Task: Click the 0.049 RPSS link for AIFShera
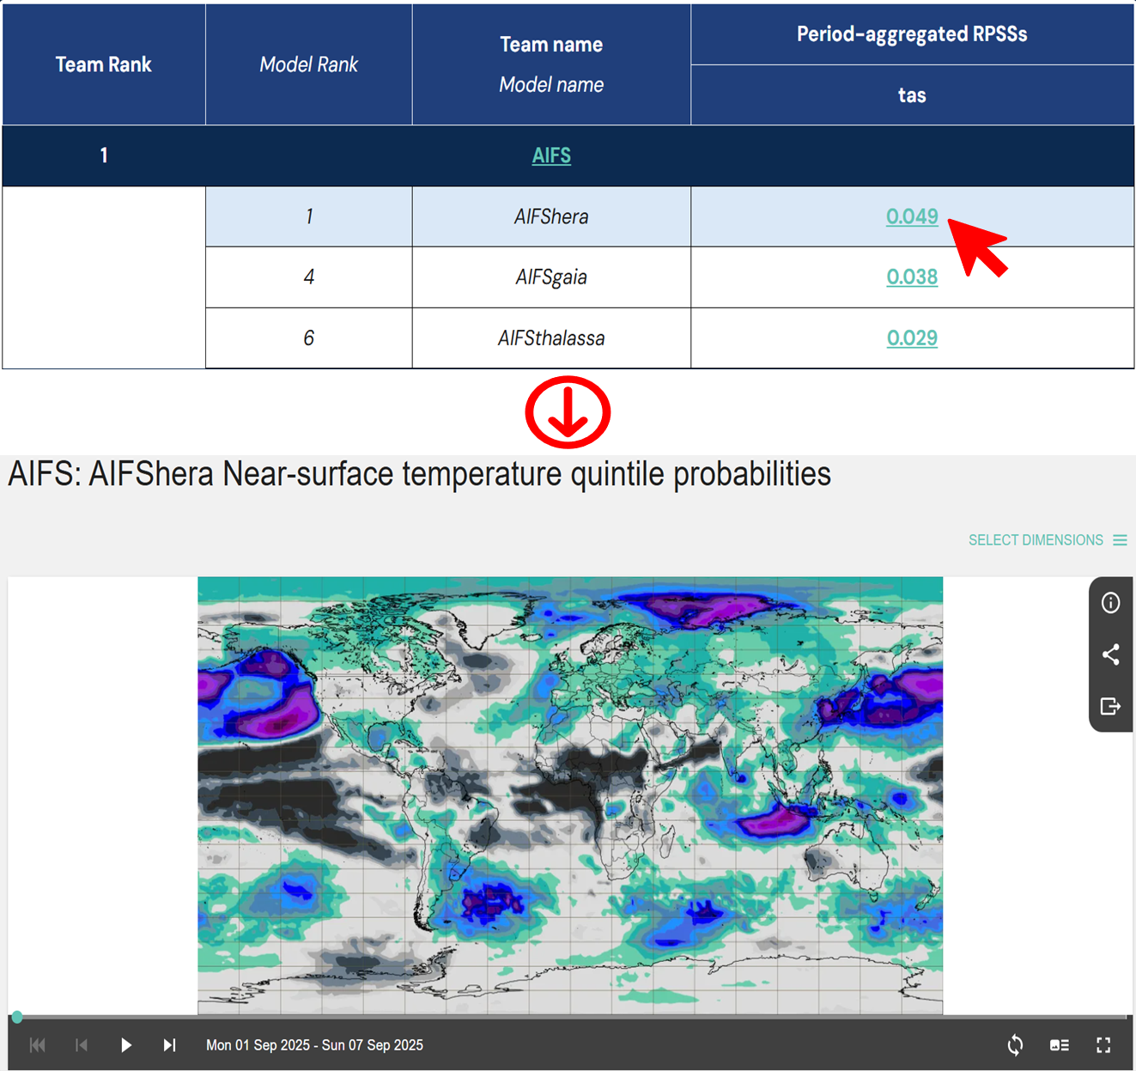pyautogui.click(x=912, y=216)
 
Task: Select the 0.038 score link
pyautogui.click(x=912, y=277)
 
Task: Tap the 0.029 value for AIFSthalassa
pyautogui.click(x=912, y=338)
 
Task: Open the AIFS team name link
pyautogui.click(x=551, y=155)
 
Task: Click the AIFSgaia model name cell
pyautogui.click(x=551, y=277)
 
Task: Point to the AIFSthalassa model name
pyautogui.click(x=551, y=338)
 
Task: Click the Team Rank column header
pyautogui.click(x=104, y=64)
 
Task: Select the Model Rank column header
pyautogui.click(x=308, y=64)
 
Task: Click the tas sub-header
pyautogui.click(x=912, y=95)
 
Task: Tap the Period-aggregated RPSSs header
pyautogui.click(x=912, y=33)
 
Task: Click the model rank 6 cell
pyautogui.click(x=308, y=338)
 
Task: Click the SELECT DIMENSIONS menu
pyautogui.click(x=1047, y=539)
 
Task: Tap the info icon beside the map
pyautogui.click(x=1110, y=602)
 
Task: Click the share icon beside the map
pyautogui.click(x=1110, y=654)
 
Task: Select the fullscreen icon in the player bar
pyautogui.click(x=1103, y=1044)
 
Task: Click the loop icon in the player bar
pyautogui.click(x=1015, y=1044)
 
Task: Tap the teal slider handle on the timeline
pyautogui.click(x=17, y=1017)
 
